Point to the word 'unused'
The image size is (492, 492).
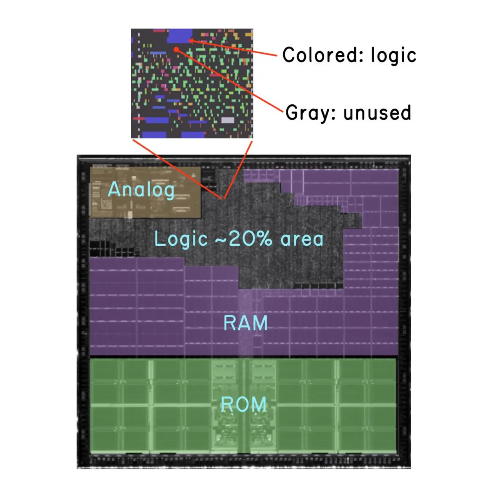377,112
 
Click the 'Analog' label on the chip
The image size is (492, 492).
141,190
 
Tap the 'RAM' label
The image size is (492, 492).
246,323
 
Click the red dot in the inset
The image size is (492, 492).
176,49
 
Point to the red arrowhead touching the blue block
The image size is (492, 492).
191,40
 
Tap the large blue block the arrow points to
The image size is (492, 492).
180,36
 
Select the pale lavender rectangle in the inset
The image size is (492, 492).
227,120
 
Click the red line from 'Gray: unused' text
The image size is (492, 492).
230,80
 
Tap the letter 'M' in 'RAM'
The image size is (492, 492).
260,323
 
